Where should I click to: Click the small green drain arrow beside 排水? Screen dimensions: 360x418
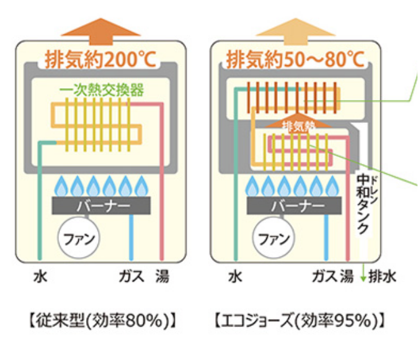click(x=363, y=275)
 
